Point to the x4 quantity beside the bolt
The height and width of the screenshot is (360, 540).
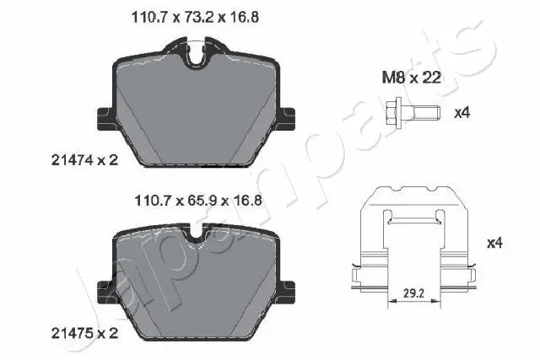point(462,112)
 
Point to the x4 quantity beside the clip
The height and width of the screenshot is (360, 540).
point(494,244)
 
